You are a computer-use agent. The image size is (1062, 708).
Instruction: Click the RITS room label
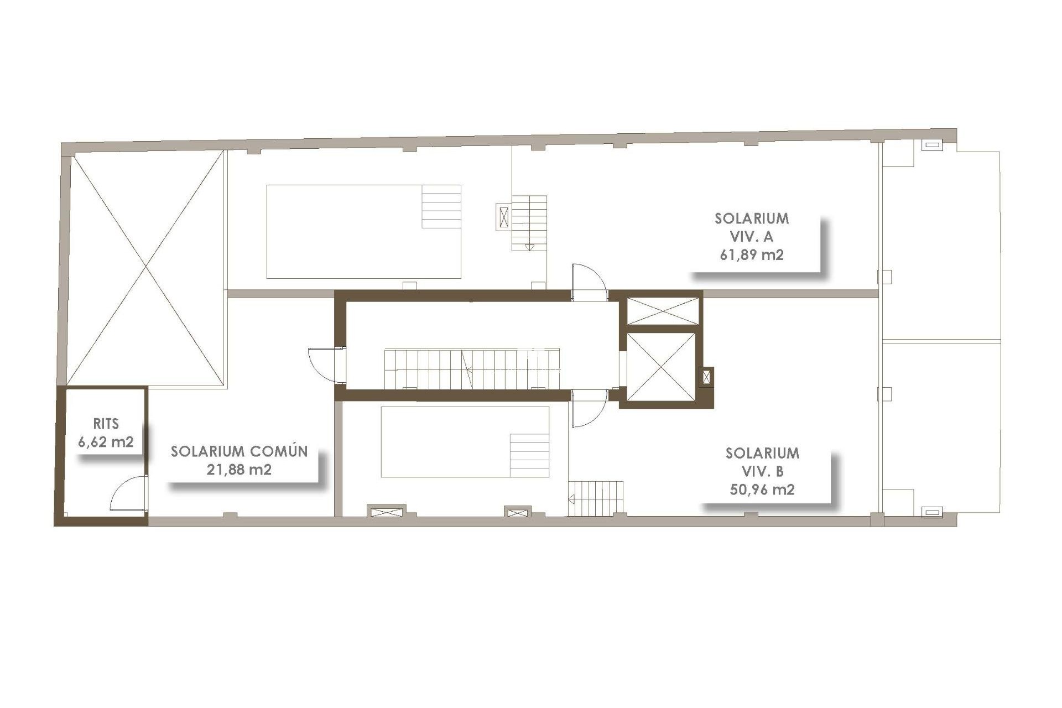[106, 424]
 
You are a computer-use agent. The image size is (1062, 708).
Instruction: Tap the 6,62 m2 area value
[106, 442]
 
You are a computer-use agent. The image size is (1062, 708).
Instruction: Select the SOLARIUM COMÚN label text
[239, 451]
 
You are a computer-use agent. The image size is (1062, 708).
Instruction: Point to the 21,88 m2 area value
[239, 470]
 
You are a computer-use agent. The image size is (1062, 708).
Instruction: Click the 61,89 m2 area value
[752, 255]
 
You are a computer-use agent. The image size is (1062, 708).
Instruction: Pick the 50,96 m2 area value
[762, 490]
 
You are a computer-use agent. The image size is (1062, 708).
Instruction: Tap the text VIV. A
[752, 237]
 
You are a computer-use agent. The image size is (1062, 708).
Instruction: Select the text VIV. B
[762, 471]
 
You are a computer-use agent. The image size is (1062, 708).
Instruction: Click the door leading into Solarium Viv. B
[589, 408]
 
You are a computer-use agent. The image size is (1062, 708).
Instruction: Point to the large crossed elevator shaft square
[661, 367]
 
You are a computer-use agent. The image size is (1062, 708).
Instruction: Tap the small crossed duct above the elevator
[663, 311]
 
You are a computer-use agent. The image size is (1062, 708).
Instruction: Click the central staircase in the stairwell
[472, 368]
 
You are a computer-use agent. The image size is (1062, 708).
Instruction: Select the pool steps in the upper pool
[441, 206]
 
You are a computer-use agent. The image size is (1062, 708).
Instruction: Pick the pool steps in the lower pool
[529, 455]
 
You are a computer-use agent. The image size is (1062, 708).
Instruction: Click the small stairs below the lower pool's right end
[596, 498]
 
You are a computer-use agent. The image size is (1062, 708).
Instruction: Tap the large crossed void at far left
[146, 268]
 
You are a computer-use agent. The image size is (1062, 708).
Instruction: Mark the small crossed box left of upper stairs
[503, 216]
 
